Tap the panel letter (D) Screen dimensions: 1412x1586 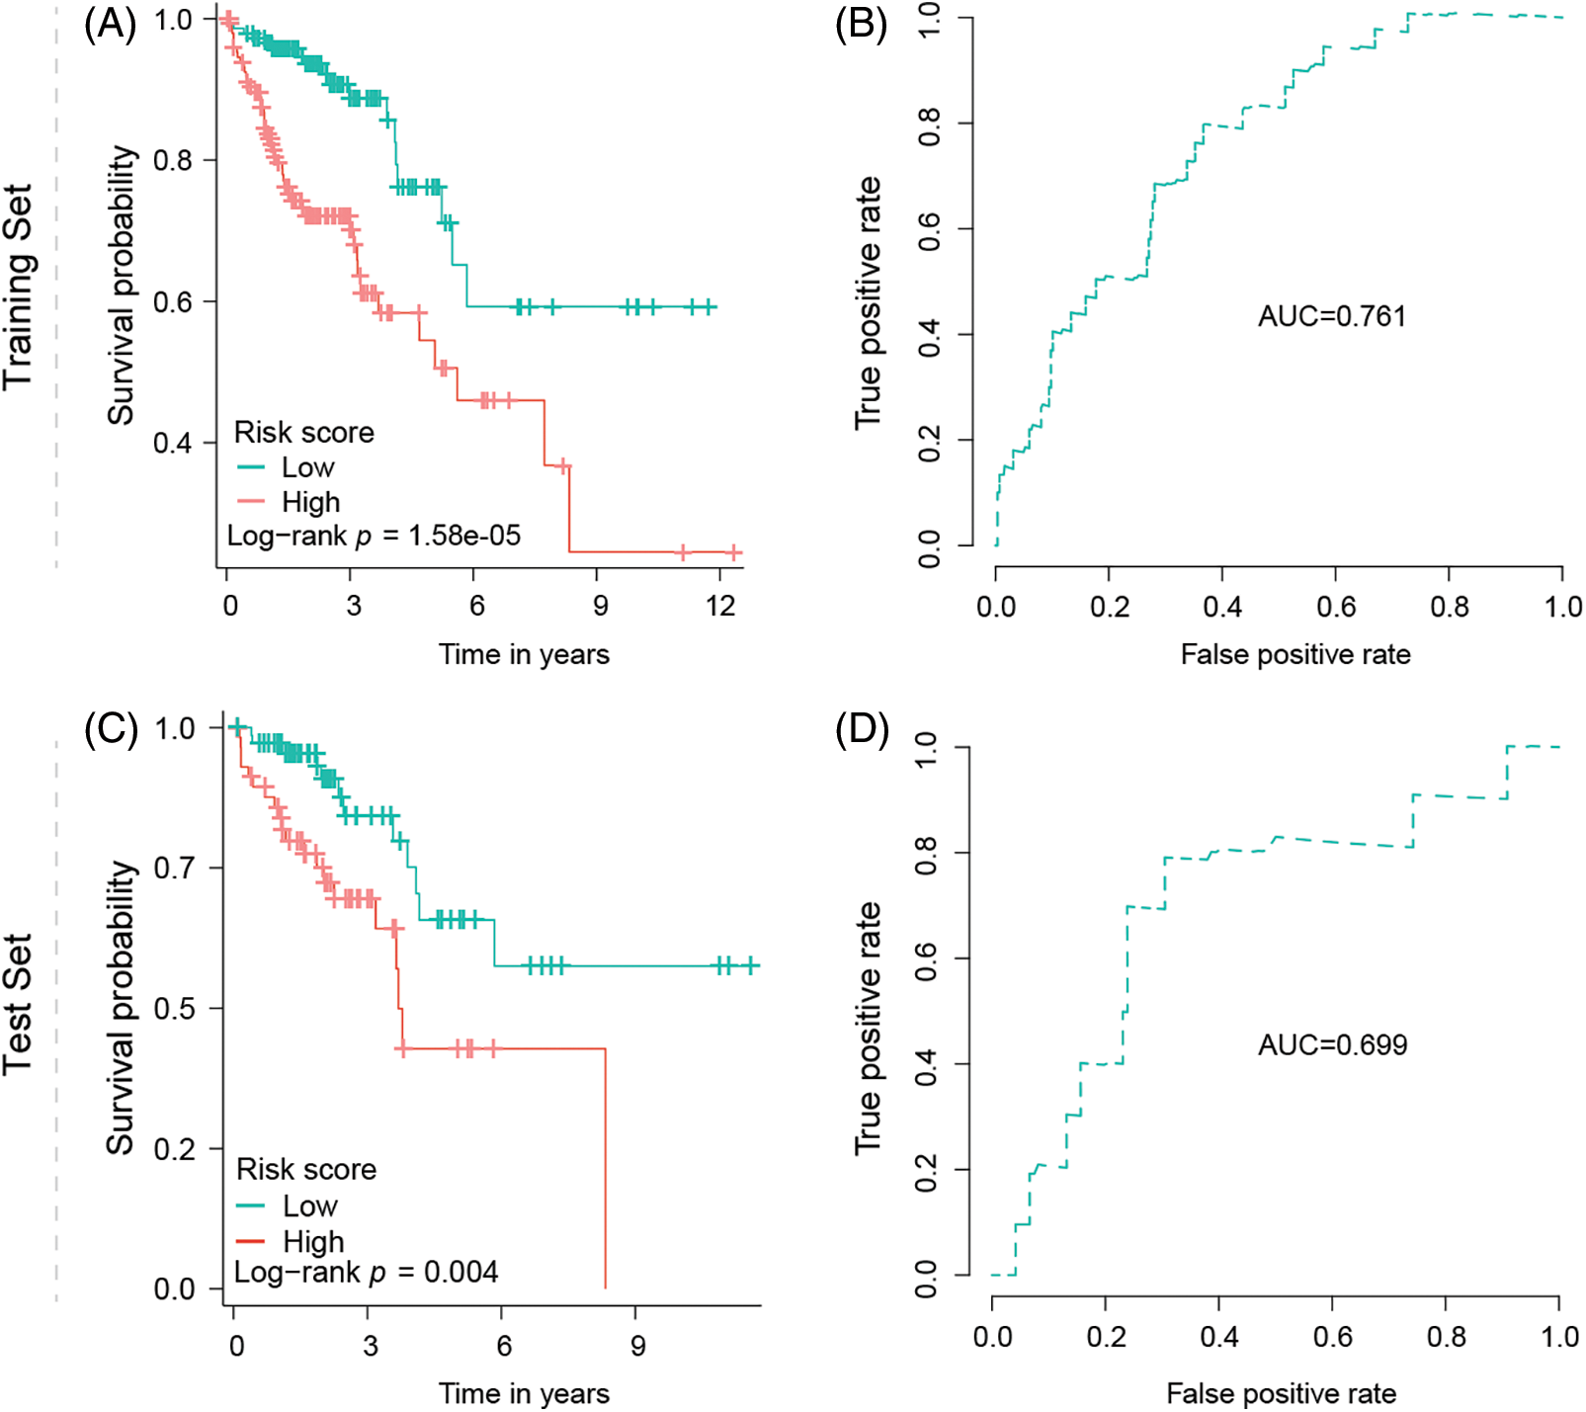tap(861, 730)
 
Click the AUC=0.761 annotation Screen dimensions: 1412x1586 tap(1331, 316)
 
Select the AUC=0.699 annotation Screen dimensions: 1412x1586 tap(1332, 1044)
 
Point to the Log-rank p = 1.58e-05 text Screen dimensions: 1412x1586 tap(374, 536)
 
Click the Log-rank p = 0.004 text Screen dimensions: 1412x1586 tap(366, 1272)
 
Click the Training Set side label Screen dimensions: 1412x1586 tap(18, 287)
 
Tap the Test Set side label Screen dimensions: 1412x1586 tap(18, 1004)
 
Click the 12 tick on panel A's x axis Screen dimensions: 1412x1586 tap(720, 606)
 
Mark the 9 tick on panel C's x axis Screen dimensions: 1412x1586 tap(637, 1345)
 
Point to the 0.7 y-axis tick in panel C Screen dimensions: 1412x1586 tap(175, 869)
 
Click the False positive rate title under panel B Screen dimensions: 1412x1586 tap(1294, 654)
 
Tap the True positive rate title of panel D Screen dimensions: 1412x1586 tap(868, 1028)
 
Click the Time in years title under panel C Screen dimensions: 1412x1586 tap(524, 1393)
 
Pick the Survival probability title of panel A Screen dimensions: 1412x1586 tap(121, 286)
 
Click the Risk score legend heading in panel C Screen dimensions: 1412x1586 tap(306, 1169)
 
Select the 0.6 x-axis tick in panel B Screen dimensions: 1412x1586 tap(1335, 606)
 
